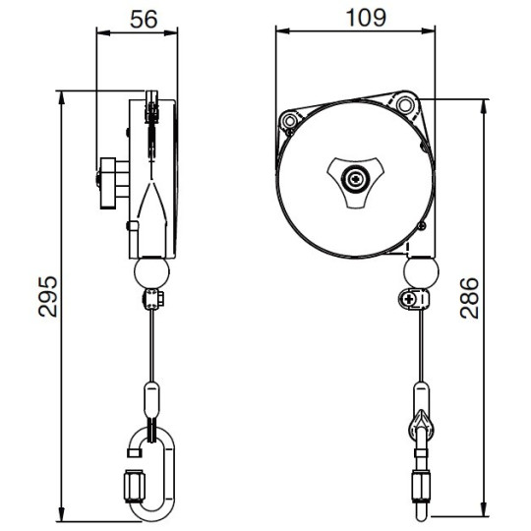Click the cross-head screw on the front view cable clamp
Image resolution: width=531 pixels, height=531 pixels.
pos(411,298)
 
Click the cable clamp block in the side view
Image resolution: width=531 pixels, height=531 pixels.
pos(150,299)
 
